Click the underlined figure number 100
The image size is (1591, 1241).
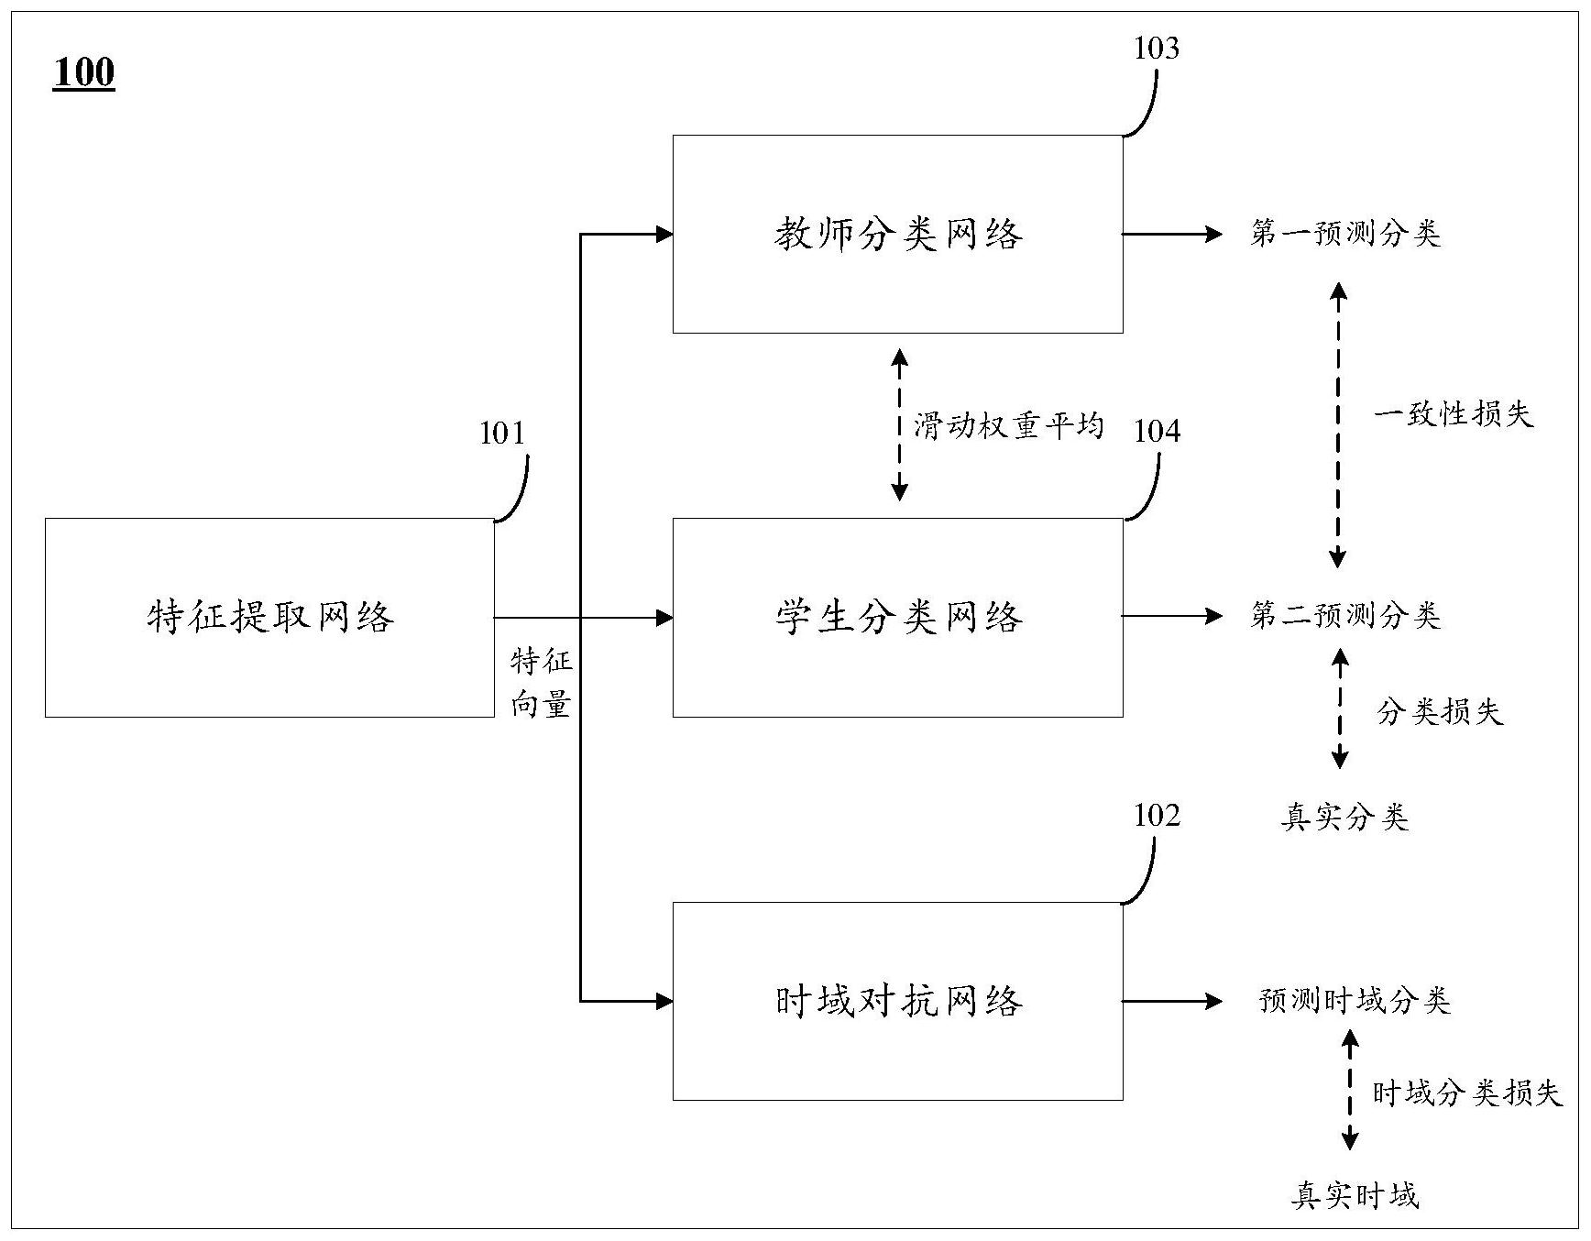(83, 72)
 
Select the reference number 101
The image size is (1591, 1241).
(502, 433)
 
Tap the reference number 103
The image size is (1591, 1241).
(1156, 49)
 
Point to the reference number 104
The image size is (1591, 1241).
(1157, 431)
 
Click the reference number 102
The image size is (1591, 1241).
(1157, 815)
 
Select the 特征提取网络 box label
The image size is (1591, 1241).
(270, 617)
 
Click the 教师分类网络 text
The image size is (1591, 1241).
(898, 235)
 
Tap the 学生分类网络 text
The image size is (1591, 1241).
(898, 617)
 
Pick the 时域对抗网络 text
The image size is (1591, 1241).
(898, 1001)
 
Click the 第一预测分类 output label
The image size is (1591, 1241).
(1344, 234)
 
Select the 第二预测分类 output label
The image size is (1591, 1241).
(1344, 616)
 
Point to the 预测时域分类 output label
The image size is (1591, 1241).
(1355, 1001)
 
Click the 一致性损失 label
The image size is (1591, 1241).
(1453, 414)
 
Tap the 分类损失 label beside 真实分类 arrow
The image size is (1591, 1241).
(1440, 712)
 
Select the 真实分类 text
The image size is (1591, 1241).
(1344, 817)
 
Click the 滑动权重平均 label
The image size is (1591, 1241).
(1008, 426)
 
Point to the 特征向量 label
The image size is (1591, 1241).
(541, 683)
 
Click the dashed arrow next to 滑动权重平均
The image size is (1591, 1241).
(899, 424)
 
